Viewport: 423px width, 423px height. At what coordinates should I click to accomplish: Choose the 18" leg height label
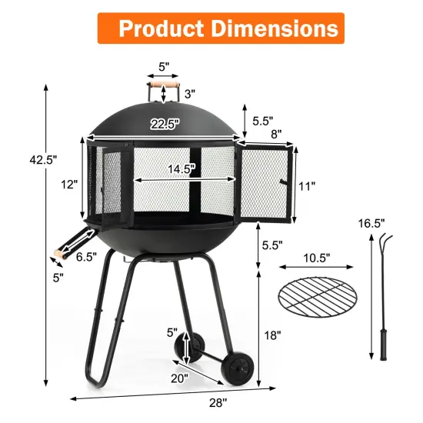[271, 335]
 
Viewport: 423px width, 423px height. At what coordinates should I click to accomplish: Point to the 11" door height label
[306, 185]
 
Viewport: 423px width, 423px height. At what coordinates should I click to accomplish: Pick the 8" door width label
[275, 134]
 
